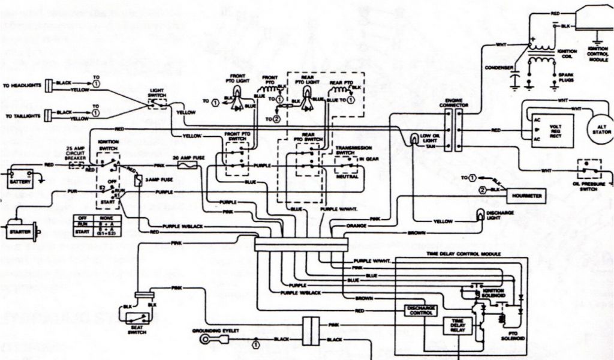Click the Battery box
[x=20, y=179]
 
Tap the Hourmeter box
[x=526, y=196]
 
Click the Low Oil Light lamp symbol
[x=414, y=139]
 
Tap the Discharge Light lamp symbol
[x=480, y=214]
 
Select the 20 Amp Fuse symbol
[x=182, y=164]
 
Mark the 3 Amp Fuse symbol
[x=138, y=180]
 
